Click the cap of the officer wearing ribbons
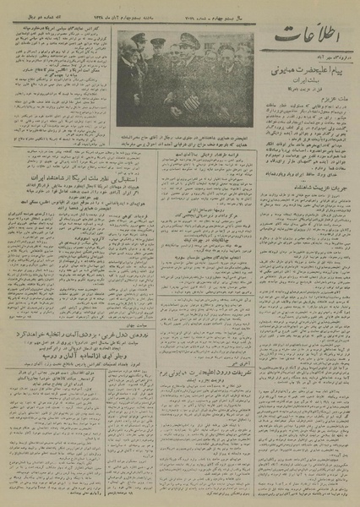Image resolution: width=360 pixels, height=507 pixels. pyautogui.click(x=190, y=40)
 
